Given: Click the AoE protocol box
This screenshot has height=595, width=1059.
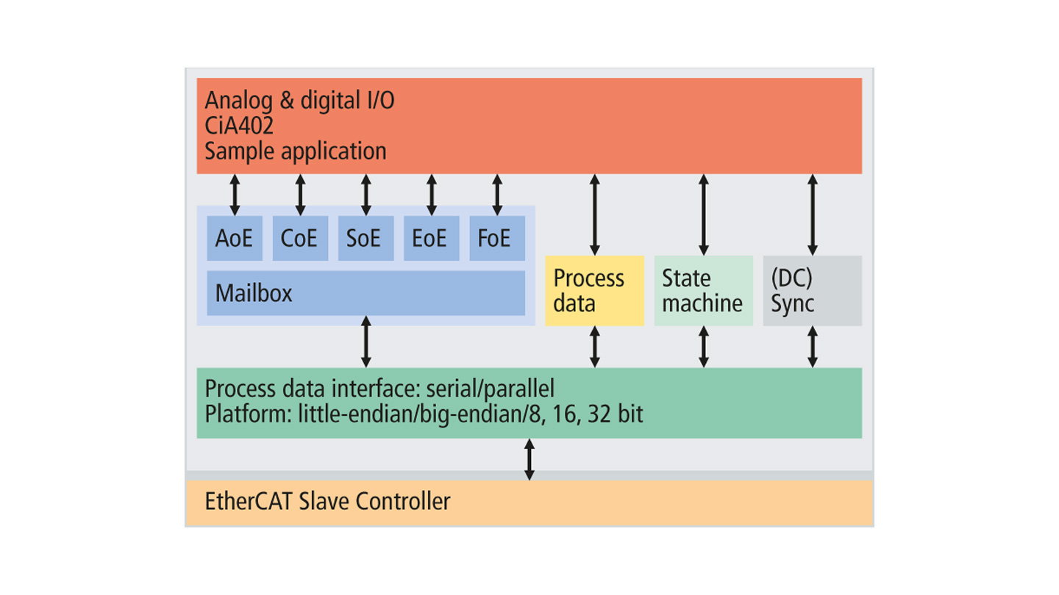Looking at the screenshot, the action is [235, 238].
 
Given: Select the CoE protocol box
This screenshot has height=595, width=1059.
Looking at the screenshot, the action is [300, 238].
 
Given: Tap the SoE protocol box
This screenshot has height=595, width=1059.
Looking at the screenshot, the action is [366, 238].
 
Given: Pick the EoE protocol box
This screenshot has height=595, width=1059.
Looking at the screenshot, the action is [431, 238].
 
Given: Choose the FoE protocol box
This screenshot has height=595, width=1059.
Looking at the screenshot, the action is [497, 238].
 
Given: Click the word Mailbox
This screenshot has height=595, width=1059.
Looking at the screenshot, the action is [254, 293].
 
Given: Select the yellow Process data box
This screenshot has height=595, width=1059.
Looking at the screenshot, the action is [594, 290].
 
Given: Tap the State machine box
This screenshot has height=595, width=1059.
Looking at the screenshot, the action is [704, 290].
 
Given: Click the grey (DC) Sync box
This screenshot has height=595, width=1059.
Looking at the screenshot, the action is [812, 290].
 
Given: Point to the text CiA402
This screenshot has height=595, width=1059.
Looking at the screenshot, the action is [239, 126].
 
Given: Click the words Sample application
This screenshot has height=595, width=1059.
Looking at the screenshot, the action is [296, 151].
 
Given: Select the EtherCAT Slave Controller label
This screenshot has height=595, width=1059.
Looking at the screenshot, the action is [328, 501].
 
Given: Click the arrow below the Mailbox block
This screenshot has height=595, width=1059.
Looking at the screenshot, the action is [366, 342].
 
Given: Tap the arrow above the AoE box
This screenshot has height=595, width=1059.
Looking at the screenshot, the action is [235, 195].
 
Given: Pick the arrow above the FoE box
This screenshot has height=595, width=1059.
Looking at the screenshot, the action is [497, 195].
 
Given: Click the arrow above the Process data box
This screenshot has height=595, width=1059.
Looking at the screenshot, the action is [595, 214].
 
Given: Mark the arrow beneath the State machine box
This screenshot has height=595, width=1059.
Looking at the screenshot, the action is [704, 347].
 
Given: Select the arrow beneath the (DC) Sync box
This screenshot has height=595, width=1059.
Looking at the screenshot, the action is [813, 347].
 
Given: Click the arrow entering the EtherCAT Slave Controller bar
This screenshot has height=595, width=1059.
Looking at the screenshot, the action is [529, 460].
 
